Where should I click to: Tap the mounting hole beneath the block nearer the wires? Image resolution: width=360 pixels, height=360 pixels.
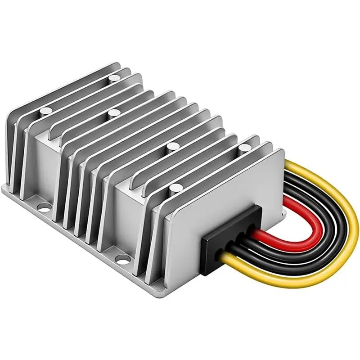tap(120, 259)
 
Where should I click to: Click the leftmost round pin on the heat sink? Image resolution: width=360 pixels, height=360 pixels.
tap(44, 110)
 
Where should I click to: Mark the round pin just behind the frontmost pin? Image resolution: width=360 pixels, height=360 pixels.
tap(171, 145)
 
